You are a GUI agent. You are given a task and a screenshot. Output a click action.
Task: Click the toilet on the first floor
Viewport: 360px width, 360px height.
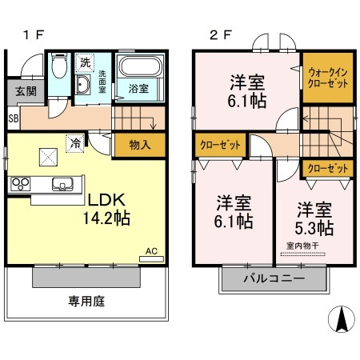pos(59,66)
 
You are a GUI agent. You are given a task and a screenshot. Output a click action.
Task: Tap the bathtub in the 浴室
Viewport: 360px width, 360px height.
pos(140,66)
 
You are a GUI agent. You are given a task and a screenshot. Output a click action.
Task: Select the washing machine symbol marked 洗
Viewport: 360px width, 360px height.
pos(85,63)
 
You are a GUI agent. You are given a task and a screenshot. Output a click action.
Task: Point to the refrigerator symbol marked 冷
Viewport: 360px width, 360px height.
pos(75,143)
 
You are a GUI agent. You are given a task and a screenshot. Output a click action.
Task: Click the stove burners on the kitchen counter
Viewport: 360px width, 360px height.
pos(21,184)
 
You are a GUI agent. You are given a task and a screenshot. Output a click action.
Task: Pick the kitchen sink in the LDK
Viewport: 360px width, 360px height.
pos(62,184)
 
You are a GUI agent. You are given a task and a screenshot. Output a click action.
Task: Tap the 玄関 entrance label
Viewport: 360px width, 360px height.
pos(26,92)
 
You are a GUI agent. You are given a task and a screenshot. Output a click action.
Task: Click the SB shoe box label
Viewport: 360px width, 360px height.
pos(14,118)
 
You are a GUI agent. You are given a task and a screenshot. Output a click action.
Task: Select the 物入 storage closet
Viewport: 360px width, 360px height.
pos(140,145)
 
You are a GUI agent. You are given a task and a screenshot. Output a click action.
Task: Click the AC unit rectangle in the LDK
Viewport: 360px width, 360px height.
pos(151,259)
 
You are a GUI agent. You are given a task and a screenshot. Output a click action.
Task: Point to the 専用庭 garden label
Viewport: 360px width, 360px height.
pos(86,302)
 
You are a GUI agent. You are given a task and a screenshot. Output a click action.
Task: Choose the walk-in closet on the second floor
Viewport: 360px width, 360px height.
pos(328,78)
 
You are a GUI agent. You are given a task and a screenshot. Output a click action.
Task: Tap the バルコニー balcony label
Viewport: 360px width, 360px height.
pos(274,278)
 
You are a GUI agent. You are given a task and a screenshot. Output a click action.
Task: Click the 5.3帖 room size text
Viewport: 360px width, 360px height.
pos(314,228)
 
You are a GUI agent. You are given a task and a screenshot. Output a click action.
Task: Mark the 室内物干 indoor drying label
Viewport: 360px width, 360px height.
pos(302,246)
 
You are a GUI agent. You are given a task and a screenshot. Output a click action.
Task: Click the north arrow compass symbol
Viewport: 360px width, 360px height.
pos(342,318)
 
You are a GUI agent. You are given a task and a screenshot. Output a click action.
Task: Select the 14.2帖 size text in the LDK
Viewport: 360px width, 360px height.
pos(106,218)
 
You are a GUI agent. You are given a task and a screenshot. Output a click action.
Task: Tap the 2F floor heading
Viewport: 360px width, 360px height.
pos(221,34)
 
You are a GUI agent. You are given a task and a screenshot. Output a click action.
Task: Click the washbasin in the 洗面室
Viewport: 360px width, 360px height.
pos(83,85)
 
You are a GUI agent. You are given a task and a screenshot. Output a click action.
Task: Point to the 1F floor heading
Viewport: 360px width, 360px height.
pos(34,34)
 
